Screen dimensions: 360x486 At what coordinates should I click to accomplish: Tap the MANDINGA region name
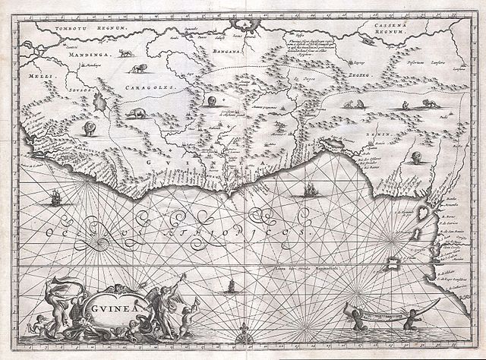point(70,55)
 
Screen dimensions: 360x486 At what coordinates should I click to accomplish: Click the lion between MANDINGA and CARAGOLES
point(139,69)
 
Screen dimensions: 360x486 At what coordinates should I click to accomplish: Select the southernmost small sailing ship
point(226,286)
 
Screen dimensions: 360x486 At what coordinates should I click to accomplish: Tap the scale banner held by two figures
point(380,311)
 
